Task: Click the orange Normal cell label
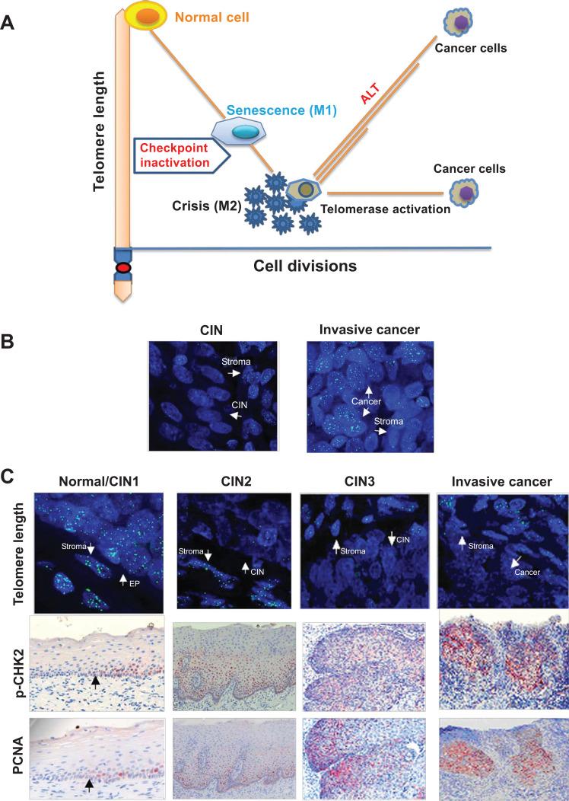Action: [x=210, y=14]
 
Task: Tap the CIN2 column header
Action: [x=232, y=482]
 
